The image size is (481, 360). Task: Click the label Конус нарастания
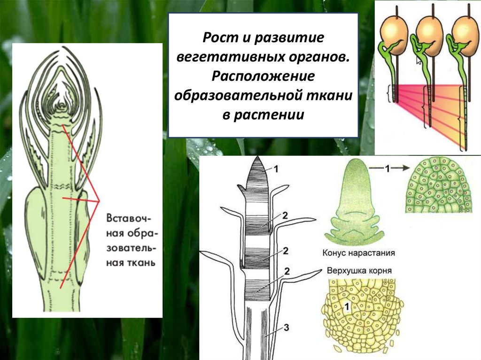click(x=358, y=253)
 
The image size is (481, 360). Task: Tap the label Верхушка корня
click(x=358, y=271)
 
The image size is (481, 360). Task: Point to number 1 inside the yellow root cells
click(x=347, y=307)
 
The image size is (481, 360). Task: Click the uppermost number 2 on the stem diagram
click(x=285, y=215)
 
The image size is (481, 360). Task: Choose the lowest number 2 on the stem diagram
click(x=286, y=271)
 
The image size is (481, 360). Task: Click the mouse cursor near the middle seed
click(x=418, y=60)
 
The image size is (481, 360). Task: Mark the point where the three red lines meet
click(x=100, y=201)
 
